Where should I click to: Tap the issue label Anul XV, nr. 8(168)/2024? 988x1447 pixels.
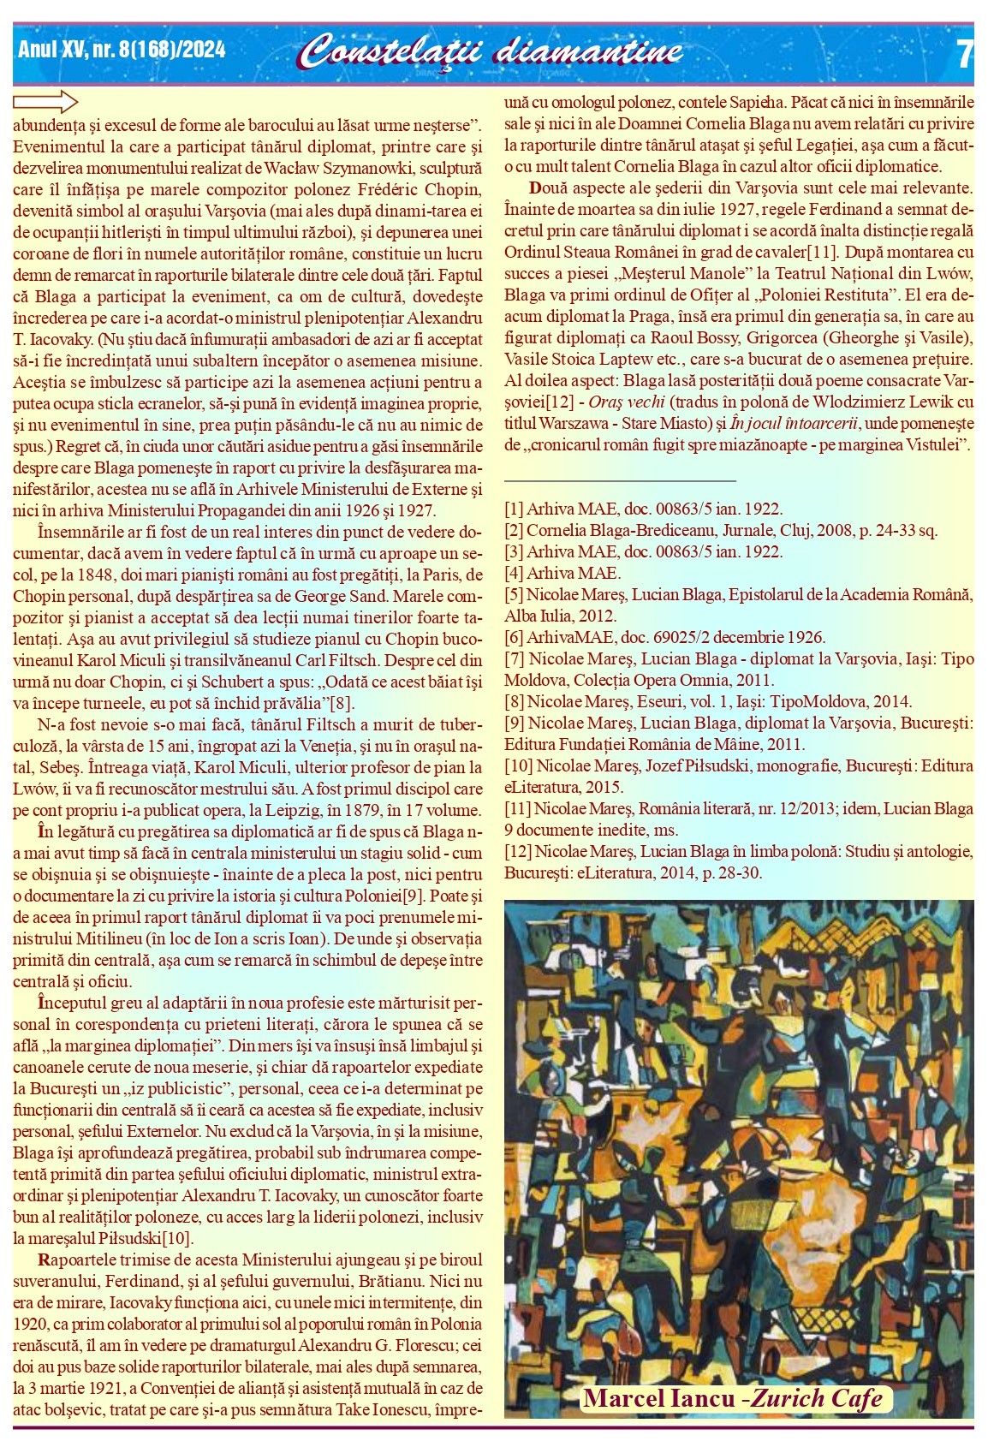[122, 51]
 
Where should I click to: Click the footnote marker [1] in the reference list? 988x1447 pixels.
[514, 509]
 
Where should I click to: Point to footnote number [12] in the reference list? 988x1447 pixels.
[518, 851]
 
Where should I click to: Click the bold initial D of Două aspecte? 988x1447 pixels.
[535, 188]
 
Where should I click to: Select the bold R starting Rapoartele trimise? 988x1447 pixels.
[44, 1259]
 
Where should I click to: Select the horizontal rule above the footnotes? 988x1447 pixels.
[620, 482]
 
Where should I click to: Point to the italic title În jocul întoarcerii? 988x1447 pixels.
[797, 423]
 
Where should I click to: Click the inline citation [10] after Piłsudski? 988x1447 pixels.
[177, 1238]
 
